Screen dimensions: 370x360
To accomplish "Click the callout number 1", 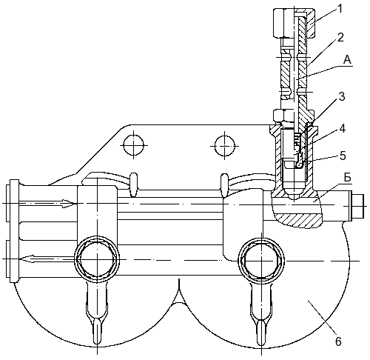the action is click(340, 9).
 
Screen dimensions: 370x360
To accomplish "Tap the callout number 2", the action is click(340, 38).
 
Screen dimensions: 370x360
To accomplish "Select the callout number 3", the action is click(342, 97).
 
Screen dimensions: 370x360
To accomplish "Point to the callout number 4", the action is click(343, 129).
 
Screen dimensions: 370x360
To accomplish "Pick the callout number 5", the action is click(343, 156).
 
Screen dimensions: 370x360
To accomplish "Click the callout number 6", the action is click(338, 341).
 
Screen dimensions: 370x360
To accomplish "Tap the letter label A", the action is click(348, 60).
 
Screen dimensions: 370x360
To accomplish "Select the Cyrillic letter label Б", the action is click(347, 178).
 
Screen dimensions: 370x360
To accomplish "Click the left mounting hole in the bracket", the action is click(133, 145).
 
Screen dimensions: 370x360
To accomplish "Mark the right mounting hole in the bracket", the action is click(224, 146).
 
